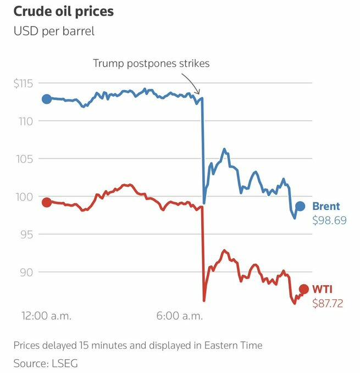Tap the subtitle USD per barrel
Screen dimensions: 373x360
(54, 31)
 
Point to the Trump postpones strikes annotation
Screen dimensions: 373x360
(151, 63)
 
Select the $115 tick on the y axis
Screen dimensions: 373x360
(24, 83)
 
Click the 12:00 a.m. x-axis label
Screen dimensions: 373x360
(47, 316)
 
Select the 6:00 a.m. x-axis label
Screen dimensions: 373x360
(179, 316)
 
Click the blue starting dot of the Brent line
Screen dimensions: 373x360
(47, 99)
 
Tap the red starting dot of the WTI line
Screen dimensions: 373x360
(47, 202)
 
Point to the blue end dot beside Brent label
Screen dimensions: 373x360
(300, 207)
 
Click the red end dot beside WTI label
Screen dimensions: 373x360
(303, 289)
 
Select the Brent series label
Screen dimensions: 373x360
(326, 207)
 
